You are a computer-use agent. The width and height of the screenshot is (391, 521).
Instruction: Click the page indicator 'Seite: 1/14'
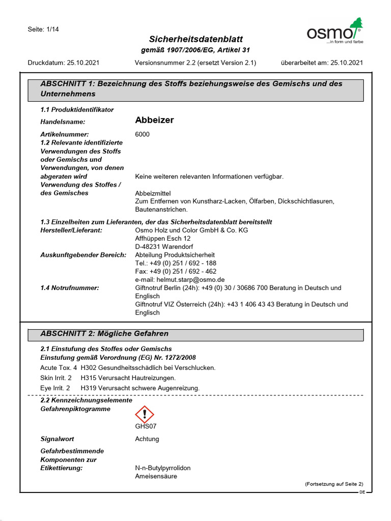(x=43, y=29)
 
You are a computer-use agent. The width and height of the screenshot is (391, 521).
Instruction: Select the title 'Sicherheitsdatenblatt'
(x=195, y=39)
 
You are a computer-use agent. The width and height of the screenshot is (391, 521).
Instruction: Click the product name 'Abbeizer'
(x=154, y=120)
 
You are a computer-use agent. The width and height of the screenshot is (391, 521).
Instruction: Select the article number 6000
(x=143, y=134)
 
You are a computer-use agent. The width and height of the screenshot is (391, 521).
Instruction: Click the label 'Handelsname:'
(x=63, y=122)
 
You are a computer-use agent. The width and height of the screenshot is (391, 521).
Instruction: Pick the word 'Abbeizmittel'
(x=153, y=193)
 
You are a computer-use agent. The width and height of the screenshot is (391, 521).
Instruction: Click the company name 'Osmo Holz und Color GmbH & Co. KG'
(x=191, y=230)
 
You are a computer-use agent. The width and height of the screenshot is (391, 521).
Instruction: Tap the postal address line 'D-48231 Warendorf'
(x=163, y=246)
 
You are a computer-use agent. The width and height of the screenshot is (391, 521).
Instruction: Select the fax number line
(x=176, y=271)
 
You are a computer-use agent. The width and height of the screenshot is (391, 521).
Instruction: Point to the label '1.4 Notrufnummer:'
(x=69, y=288)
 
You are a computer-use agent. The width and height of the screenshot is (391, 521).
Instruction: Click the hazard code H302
(x=89, y=367)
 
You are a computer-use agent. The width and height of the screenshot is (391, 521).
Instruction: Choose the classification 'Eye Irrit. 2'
(x=55, y=388)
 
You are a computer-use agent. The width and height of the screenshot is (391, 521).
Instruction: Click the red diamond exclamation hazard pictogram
(x=145, y=414)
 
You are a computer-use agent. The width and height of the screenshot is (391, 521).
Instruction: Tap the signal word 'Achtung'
(x=147, y=439)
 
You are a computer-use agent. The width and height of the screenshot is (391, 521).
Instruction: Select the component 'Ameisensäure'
(x=156, y=476)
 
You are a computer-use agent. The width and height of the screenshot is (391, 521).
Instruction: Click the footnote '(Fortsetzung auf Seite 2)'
(x=334, y=484)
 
